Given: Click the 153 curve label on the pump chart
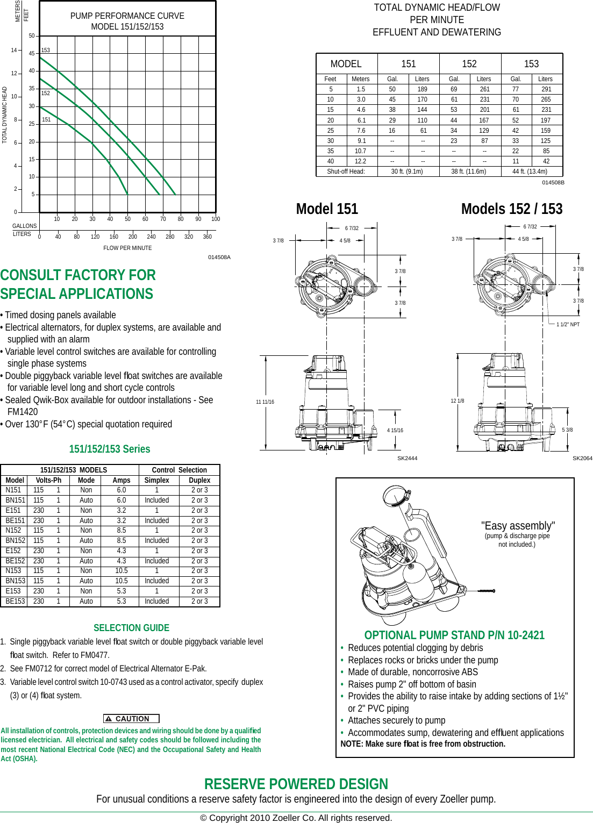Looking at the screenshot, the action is click(46, 51).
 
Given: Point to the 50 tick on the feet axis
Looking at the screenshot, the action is click(32, 36).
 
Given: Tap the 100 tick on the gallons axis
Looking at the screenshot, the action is click(216, 219).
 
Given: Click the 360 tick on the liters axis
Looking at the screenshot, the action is click(207, 237).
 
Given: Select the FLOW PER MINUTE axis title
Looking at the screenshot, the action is click(127, 248).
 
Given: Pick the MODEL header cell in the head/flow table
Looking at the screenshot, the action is click(346, 64).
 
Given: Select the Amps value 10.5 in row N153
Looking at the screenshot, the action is click(122, 571).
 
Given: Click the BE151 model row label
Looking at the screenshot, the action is click(15, 520).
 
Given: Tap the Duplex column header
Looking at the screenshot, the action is click(199, 480).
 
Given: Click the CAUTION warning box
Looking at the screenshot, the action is click(131, 719).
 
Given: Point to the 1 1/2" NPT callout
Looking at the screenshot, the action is click(568, 325).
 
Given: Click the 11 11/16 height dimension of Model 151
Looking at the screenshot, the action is click(265, 402).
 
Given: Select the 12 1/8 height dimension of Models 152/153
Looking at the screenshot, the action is click(458, 401).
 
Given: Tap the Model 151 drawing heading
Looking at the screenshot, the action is click(327, 209).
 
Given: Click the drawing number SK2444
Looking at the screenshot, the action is click(407, 458).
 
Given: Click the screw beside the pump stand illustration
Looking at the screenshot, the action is click(485, 591).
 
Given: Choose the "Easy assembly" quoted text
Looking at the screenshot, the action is click(518, 526).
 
